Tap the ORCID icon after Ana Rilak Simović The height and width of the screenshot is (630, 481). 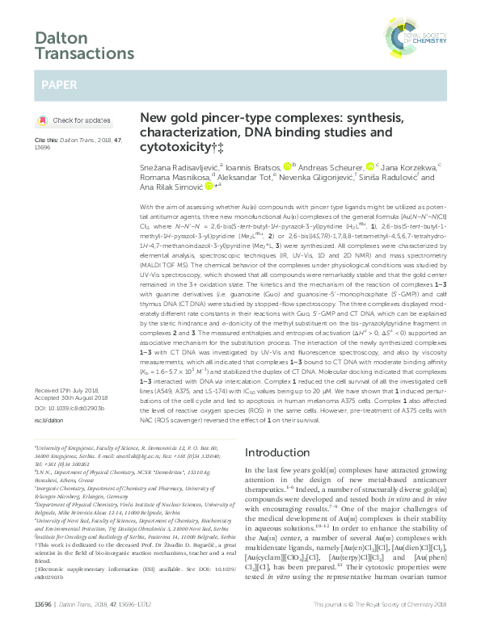point(209,185)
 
